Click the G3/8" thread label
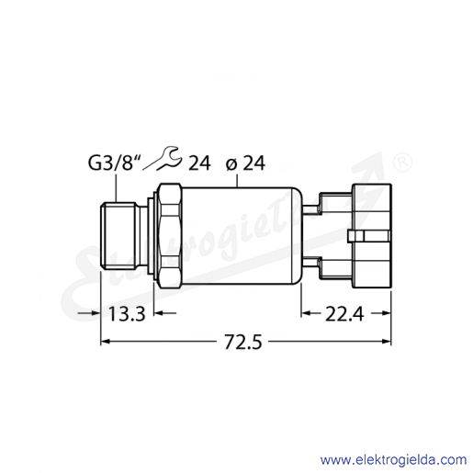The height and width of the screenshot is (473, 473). (x=111, y=163)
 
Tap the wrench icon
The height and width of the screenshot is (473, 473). (x=168, y=158)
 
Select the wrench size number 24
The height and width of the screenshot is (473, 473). (x=199, y=163)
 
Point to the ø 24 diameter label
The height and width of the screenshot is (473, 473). (x=245, y=163)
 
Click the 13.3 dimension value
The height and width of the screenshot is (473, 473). (x=127, y=314)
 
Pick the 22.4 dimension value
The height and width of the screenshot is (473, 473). (x=344, y=314)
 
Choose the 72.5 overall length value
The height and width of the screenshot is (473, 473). (x=243, y=342)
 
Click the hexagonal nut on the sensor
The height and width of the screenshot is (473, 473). (x=169, y=236)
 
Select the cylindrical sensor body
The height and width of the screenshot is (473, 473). (x=242, y=236)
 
